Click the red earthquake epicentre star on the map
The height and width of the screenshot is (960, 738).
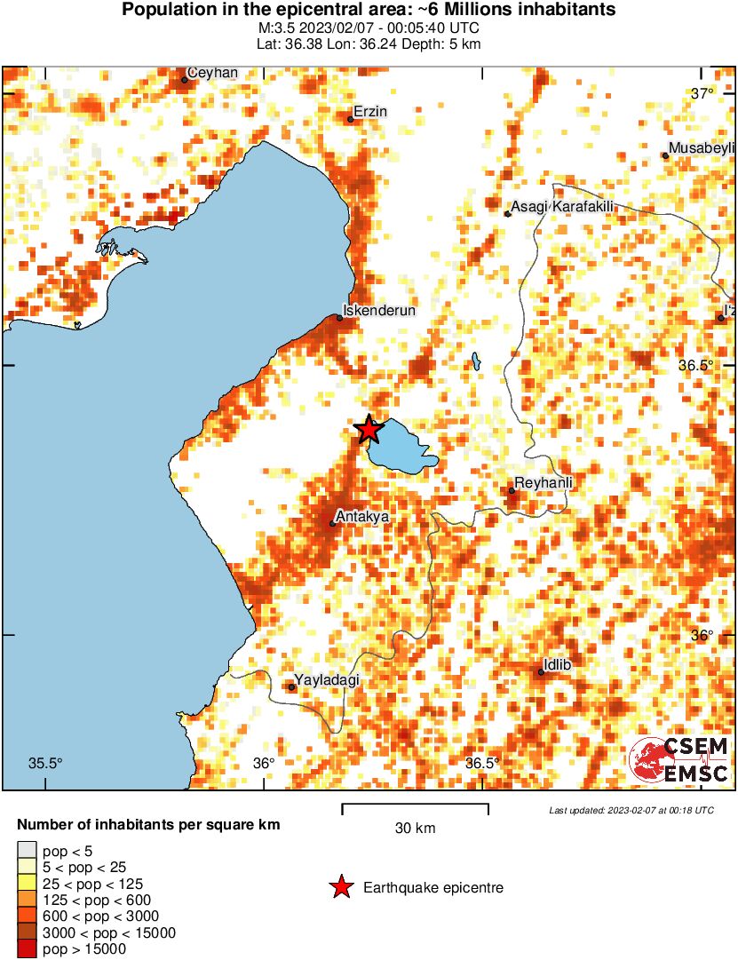[x=369, y=430]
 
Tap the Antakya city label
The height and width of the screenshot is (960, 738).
[x=362, y=515]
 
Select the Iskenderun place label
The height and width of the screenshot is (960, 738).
[x=379, y=310]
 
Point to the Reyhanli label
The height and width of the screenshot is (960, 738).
[x=544, y=482]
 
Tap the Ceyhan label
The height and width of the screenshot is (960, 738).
[x=213, y=73]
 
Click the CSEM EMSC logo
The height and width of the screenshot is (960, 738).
[x=679, y=760]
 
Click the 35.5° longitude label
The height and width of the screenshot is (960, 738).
[x=45, y=763]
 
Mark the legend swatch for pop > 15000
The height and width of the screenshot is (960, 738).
[x=27, y=949]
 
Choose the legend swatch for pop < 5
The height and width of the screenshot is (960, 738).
[x=27, y=850]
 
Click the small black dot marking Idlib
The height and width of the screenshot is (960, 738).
[x=541, y=672]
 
